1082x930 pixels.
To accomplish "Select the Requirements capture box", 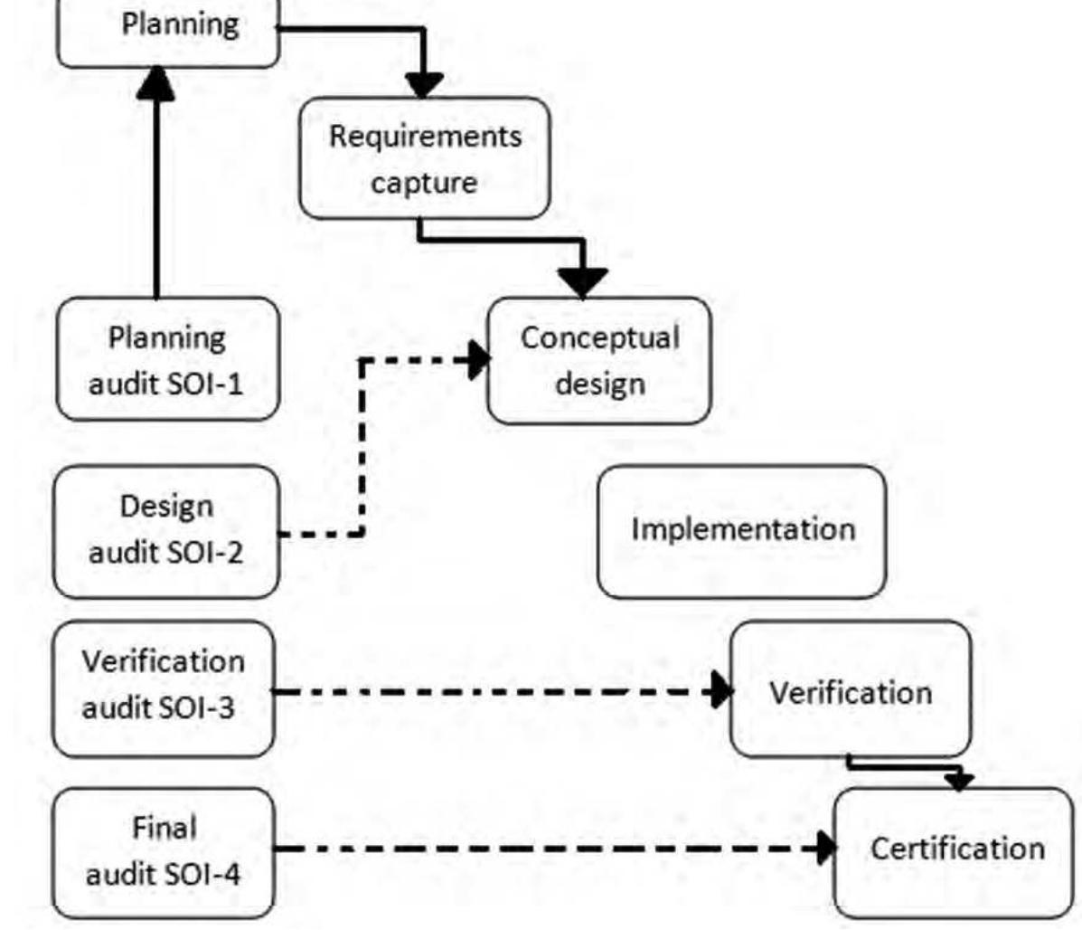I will pyautogui.click(x=424, y=158).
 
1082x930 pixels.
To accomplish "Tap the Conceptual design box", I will pyautogui.click(x=599, y=360).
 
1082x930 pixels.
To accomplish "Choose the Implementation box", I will pyautogui.click(x=742, y=531).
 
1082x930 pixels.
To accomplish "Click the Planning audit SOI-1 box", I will pyautogui.click(x=167, y=360).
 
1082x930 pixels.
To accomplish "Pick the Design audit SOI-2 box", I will pyautogui.click(x=166, y=531).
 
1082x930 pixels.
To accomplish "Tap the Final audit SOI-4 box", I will pyautogui.click(x=164, y=852).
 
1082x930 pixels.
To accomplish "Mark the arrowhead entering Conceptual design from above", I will pyautogui.click(x=583, y=282).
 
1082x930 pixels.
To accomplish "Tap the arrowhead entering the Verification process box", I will pyautogui.click(x=721, y=692).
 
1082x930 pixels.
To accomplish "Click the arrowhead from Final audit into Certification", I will pyautogui.click(x=824, y=849).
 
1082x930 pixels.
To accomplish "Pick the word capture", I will pyautogui.click(x=424, y=183).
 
